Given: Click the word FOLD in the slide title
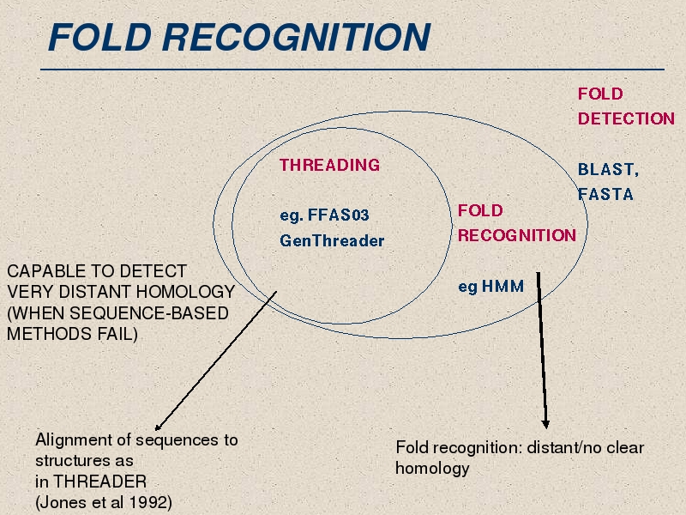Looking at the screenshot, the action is click(x=100, y=37).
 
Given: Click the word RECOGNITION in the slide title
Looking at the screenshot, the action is click(x=296, y=37).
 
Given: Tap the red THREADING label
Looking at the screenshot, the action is click(x=330, y=165).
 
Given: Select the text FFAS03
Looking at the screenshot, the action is click(x=339, y=215).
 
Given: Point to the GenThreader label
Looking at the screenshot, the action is click(x=332, y=240).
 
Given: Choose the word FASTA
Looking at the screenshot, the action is click(x=605, y=194).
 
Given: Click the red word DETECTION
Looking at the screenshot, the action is click(x=626, y=118).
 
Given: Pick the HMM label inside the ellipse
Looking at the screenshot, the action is click(x=502, y=287).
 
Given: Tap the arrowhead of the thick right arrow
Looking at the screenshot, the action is click(x=545, y=424).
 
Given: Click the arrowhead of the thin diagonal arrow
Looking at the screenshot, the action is click(x=158, y=427).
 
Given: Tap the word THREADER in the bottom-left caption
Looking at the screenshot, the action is click(x=99, y=482).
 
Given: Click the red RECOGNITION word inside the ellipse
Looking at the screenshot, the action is click(x=517, y=235).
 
